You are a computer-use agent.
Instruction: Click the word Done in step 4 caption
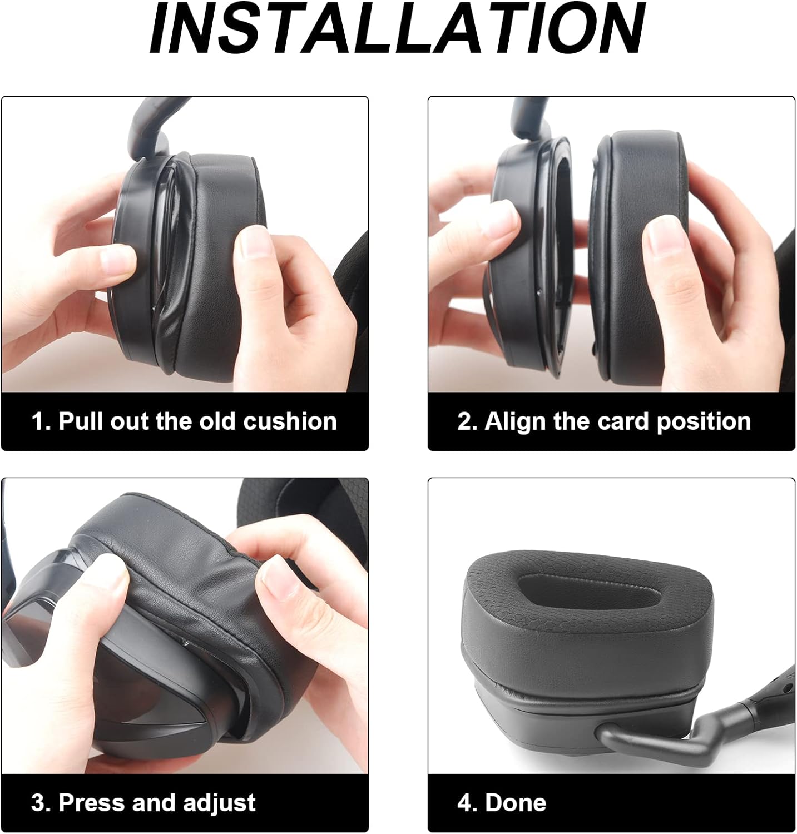pos(516,803)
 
